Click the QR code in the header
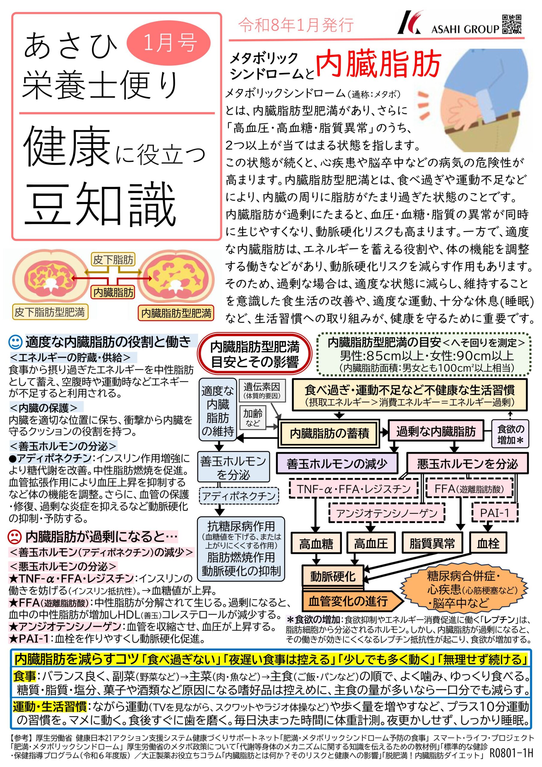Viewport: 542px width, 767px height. (x=512, y=24)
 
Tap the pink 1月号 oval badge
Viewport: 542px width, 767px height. (x=169, y=43)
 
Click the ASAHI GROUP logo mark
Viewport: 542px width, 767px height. (x=410, y=23)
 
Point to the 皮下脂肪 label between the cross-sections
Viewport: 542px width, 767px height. (x=113, y=259)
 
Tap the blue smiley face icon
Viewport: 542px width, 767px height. (x=15, y=342)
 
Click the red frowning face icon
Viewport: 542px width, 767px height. (x=14, y=537)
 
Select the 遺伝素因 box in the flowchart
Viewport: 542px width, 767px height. (x=262, y=390)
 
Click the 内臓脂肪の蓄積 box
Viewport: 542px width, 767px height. (x=330, y=433)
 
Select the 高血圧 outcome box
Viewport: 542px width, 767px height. (x=371, y=543)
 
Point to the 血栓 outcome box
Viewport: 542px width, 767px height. (x=488, y=543)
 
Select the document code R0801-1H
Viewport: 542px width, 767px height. (x=511, y=752)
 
